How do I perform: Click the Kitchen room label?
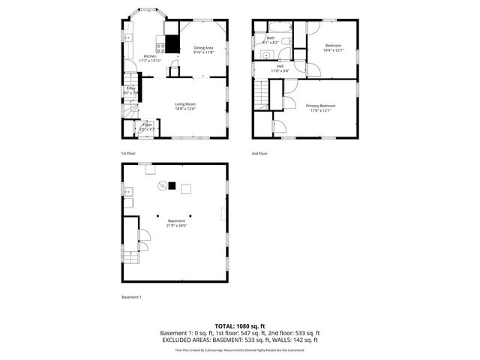(x=150, y=57)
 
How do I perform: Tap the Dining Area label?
(x=204, y=47)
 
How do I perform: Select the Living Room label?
(x=184, y=104)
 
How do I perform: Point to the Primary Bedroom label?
(x=320, y=106)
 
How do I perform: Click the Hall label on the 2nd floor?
(x=280, y=66)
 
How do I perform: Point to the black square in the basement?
(x=172, y=186)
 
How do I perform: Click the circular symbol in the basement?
(x=160, y=186)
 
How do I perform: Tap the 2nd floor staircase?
(x=260, y=94)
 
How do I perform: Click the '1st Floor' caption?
(x=128, y=153)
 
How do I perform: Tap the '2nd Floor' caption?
(x=260, y=153)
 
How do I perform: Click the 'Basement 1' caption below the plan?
(x=131, y=297)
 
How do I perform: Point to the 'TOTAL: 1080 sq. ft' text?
(x=240, y=326)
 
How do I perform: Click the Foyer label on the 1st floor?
(x=147, y=124)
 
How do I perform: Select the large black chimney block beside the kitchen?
(x=172, y=44)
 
